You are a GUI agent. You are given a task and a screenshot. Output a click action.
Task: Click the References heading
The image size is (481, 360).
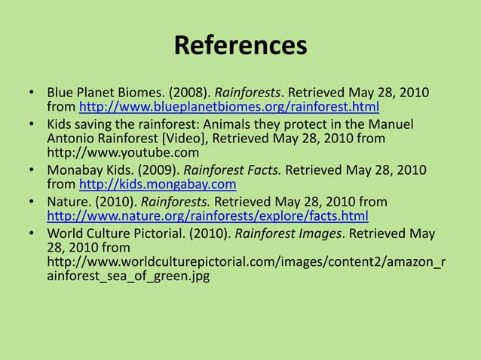tap(240, 46)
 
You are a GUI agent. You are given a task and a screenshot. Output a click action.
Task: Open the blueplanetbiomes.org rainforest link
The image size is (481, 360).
tap(229, 107)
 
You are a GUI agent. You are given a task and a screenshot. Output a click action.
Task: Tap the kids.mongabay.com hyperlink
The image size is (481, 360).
tap(158, 185)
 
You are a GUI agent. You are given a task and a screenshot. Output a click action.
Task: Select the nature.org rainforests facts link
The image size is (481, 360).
tap(207, 216)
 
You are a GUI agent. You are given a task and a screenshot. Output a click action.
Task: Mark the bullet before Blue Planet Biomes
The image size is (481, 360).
tap(32, 93)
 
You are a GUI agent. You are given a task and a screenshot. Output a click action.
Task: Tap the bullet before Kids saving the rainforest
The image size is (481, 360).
tap(32, 124)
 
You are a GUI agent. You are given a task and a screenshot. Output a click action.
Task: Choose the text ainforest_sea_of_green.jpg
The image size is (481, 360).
tap(127, 276)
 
